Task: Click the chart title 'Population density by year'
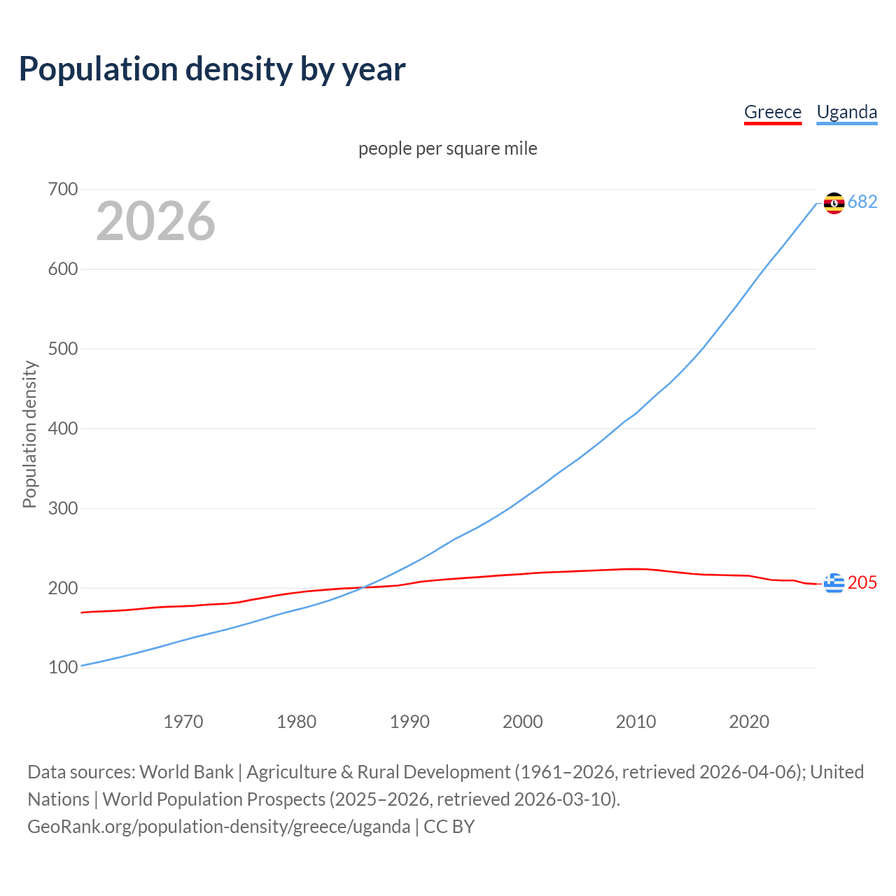click(x=212, y=69)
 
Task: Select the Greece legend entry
click(x=772, y=112)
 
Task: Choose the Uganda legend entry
click(x=846, y=112)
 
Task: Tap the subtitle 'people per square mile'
click(x=447, y=148)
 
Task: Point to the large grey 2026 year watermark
click(x=155, y=221)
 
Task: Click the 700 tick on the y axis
click(x=63, y=189)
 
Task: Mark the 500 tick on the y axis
click(x=63, y=349)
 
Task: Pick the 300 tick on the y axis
click(x=63, y=508)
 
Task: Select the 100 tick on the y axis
click(x=63, y=667)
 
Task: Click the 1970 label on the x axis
click(x=183, y=721)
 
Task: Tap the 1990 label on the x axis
click(x=409, y=721)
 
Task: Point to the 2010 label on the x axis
click(x=636, y=721)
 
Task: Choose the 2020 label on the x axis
click(x=749, y=721)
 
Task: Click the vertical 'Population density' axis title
click(x=29, y=434)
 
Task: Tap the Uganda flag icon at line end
click(x=834, y=203)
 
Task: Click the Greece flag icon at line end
click(x=834, y=583)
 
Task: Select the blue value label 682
click(x=862, y=202)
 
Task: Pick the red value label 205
click(x=862, y=583)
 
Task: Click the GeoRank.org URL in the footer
click(x=218, y=827)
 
